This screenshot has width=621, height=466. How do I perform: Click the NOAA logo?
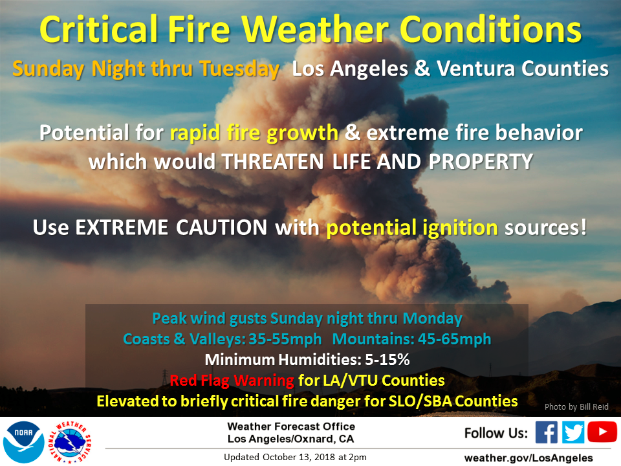tap(24, 442)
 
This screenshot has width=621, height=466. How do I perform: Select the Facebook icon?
tap(547, 432)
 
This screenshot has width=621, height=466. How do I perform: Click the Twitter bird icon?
tap(572, 432)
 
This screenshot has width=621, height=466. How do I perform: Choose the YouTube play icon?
tap(602, 432)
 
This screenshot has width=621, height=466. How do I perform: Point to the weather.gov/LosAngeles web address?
tap(528, 458)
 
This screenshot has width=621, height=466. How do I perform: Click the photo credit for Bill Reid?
tap(576, 407)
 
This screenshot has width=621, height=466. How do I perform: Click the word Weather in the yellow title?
tap(316, 30)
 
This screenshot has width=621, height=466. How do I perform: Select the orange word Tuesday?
tap(239, 69)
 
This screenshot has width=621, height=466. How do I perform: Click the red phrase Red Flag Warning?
tap(232, 381)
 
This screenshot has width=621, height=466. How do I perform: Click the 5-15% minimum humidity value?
tap(387, 359)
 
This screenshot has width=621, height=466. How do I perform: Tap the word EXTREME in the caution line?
tap(122, 227)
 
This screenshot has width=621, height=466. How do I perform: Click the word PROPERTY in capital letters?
tap(481, 162)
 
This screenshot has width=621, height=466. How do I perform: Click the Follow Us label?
tap(496, 433)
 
